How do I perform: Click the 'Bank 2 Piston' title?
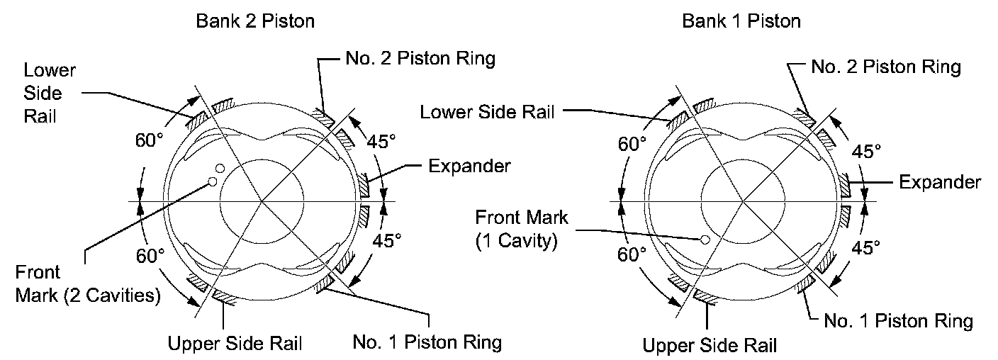[x=255, y=21]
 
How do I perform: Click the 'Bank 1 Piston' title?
[x=741, y=21]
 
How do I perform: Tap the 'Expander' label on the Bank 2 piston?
[x=469, y=166]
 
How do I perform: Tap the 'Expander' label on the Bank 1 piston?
[x=940, y=182]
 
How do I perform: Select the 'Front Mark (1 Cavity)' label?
[x=521, y=229]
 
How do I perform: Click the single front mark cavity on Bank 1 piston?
[x=705, y=240]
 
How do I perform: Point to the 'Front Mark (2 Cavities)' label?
[x=87, y=283]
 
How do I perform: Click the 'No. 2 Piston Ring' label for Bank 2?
[x=420, y=58]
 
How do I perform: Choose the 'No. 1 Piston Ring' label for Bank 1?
[x=898, y=321]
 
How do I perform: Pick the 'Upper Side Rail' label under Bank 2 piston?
[x=235, y=343]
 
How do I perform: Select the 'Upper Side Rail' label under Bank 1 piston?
[x=710, y=345]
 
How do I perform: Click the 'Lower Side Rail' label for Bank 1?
[x=487, y=112]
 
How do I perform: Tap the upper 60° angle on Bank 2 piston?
[x=150, y=140]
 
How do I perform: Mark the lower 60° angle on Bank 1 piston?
[x=632, y=254]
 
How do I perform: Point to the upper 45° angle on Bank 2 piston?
[x=381, y=142]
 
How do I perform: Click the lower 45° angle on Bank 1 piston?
[x=865, y=247]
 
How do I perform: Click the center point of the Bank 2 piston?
[x=262, y=201]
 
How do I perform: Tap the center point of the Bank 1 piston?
[x=743, y=201]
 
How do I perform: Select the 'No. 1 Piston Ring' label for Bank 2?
[x=427, y=342]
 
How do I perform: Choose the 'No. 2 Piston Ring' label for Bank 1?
[x=886, y=67]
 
